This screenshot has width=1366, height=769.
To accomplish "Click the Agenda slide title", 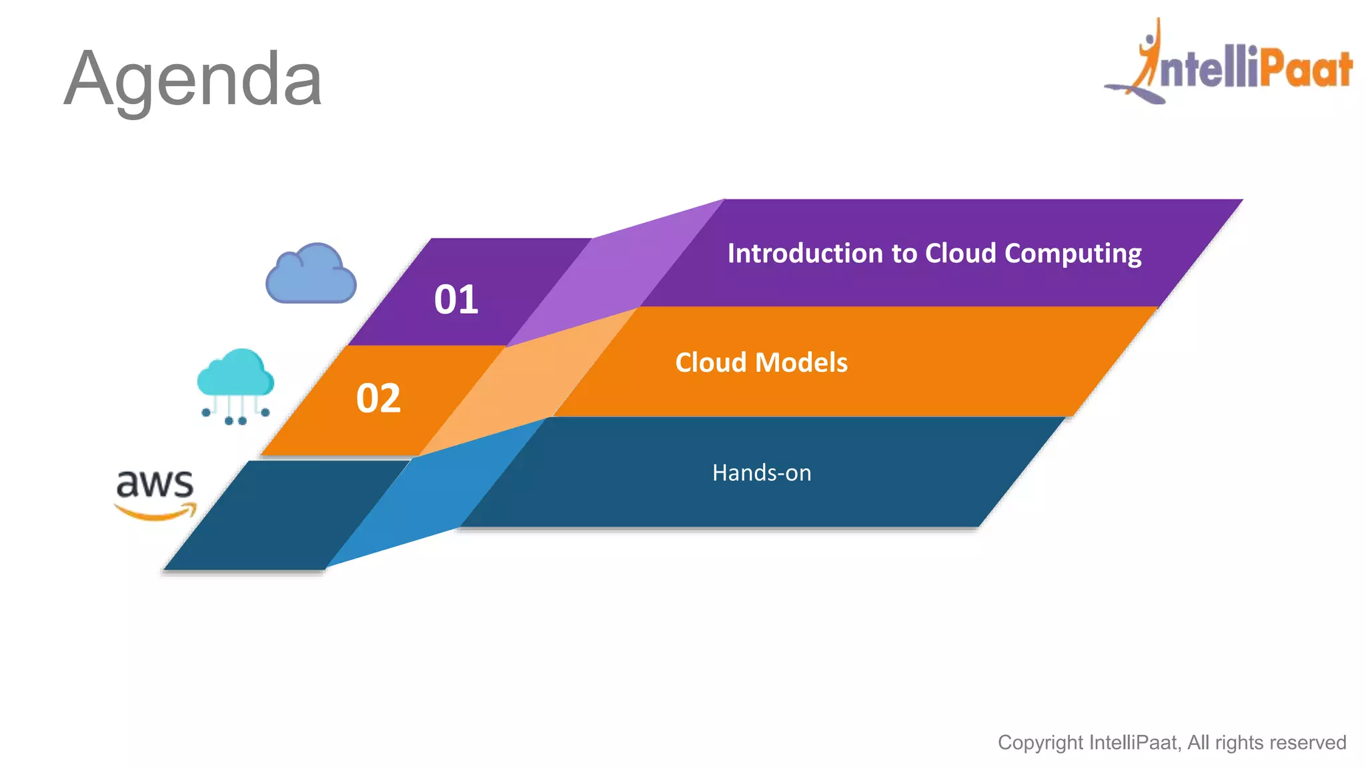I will [193, 79].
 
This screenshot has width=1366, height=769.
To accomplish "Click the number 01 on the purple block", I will [456, 299].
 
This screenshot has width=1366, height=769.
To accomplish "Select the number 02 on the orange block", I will [378, 399].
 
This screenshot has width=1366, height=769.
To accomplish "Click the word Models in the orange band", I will [801, 362].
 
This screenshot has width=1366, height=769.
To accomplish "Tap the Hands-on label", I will [761, 473].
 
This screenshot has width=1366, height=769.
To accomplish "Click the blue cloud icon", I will [311, 274].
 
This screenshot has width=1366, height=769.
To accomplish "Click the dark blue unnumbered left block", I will [287, 515].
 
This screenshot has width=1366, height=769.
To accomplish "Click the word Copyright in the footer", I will [1040, 742].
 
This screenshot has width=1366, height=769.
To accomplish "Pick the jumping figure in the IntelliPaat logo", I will [1149, 57].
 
